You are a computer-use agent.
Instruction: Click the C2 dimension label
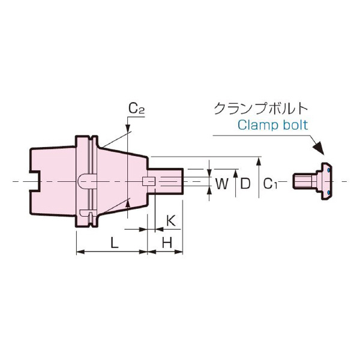pos(137,109)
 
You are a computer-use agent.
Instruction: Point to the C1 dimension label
pos(272,184)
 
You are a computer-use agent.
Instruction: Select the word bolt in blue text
pos(296,126)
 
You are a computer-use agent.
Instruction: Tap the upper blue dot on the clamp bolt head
pos(329,171)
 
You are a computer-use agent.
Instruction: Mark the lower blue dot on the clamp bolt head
pos(329,192)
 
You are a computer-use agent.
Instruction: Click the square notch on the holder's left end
pos(34,181)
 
